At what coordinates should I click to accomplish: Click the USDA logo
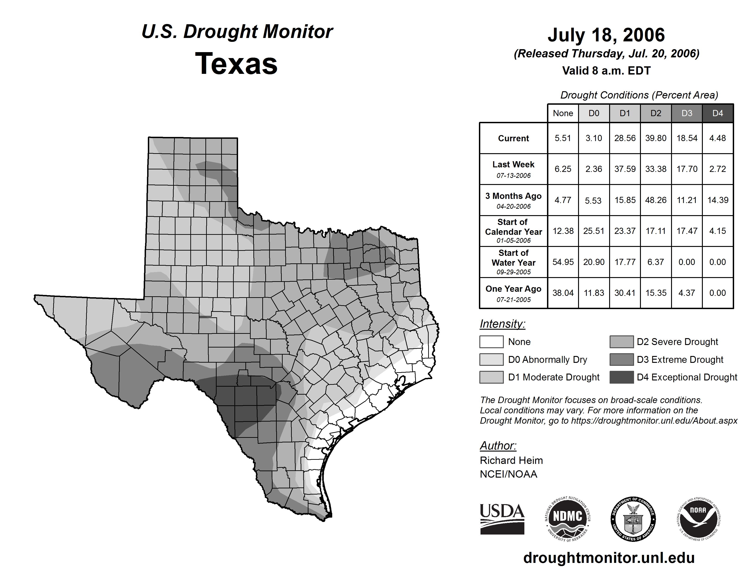click(x=502, y=519)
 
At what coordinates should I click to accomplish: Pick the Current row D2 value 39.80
click(x=656, y=138)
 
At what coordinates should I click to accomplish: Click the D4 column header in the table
click(x=717, y=113)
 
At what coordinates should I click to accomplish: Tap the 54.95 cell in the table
click(x=563, y=262)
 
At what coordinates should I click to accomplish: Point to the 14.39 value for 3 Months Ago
click(x=717, y=200)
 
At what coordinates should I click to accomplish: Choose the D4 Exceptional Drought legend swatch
click(x=621, y=377)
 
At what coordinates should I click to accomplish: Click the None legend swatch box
click(x=491, y=342)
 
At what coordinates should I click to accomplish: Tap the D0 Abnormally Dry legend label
click(x=547, y=360)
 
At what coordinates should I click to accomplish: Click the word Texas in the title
click(x=236, y=64)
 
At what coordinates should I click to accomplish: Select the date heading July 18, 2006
click(x=606, y=35)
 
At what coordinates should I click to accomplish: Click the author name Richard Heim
click(x=511, y=460)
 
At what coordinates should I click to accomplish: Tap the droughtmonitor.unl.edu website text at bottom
click(x=609, y=558)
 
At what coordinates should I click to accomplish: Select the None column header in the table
click(x=563, y=113)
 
